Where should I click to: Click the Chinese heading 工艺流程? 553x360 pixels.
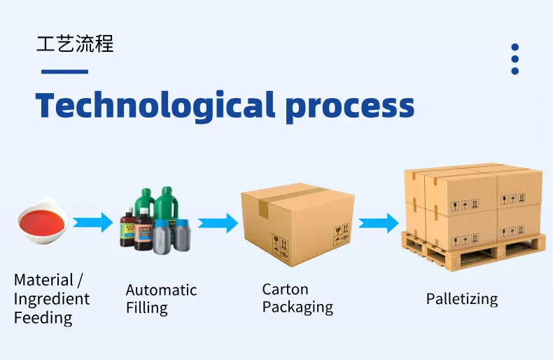[x=75, y=44]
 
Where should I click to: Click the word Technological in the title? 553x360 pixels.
[x=155, y=105]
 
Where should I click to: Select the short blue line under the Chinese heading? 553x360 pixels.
[x=64, y=71]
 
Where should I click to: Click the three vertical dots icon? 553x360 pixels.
[x=515, y=59]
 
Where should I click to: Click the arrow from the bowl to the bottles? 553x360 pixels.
[x=93, y=223]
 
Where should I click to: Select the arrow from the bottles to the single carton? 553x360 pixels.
[x=218, y=223]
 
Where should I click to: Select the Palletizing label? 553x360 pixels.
[x=462, y=299]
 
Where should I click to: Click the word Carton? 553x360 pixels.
[x=285, y=289]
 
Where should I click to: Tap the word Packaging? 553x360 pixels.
[x=297, y=307]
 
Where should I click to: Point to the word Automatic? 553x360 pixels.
[x=161, y=290]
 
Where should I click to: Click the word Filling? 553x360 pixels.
[x=146, y=308]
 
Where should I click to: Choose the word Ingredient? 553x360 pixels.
[x=52, y=299]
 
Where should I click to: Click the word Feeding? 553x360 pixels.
[x=43, y=318]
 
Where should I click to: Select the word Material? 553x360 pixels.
[x=43, y=280]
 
